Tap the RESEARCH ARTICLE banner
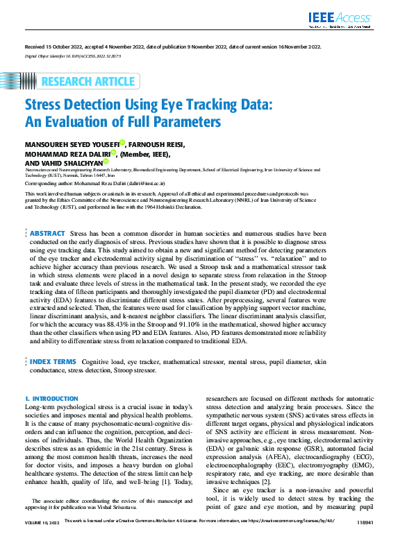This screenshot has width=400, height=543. (88, 82)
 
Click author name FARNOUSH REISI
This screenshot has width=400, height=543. (153, 144)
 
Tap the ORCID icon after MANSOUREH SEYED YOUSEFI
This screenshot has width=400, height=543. (121, 142)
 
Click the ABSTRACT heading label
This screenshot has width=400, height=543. (47, 234)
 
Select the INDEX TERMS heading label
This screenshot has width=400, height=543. (53, 362)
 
